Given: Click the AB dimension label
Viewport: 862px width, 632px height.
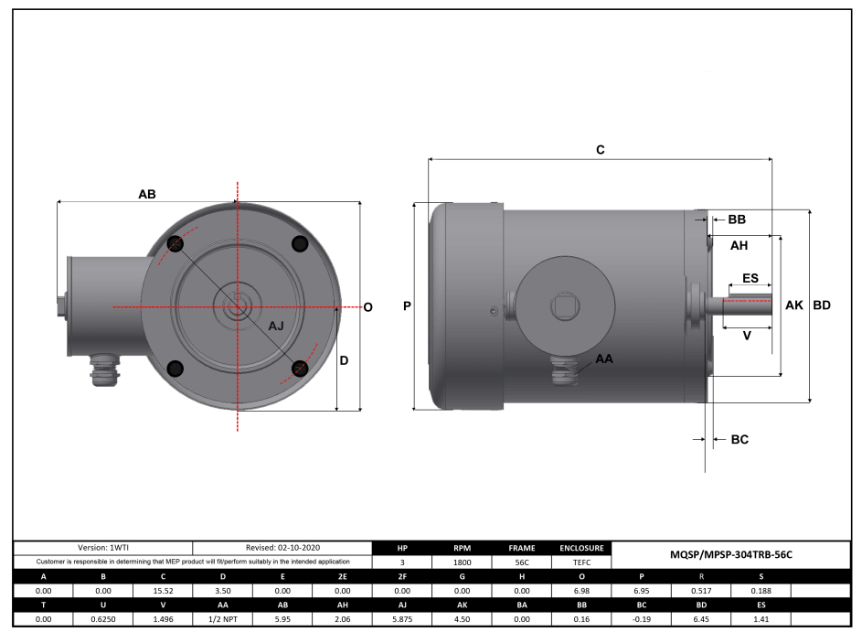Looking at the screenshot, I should (146, 194).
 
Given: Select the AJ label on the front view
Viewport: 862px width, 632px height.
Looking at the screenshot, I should (276, 327).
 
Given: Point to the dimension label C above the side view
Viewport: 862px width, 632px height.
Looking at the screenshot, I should (600, 149).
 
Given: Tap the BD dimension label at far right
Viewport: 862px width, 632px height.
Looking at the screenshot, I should (822, 305).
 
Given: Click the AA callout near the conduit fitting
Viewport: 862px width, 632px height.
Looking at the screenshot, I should (603, 359).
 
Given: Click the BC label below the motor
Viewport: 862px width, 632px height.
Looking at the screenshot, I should (740, 440).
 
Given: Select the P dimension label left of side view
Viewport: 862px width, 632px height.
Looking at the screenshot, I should (407, 306).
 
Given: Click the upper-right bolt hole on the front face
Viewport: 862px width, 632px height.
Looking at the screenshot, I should (299, 243).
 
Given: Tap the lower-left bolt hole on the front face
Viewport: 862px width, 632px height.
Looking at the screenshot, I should (176, 368).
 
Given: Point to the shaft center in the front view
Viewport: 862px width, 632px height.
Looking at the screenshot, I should (238, 306).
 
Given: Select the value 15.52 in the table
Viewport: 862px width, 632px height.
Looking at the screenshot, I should (163, 591).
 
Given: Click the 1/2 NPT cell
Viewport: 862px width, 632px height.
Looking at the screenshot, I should (222, 619).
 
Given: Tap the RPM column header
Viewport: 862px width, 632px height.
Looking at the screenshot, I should (462, 548).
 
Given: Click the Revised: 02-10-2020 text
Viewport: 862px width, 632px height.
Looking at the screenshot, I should (282, 547).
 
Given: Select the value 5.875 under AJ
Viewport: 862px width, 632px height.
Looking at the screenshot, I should (401, 619).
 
